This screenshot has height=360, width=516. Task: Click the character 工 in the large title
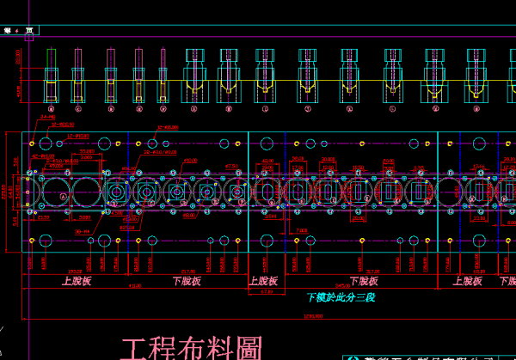[133, 349]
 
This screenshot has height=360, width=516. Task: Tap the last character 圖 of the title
[248, 349]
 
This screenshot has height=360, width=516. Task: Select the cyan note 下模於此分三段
[341, 297]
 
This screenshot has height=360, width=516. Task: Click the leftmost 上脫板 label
[77, 281]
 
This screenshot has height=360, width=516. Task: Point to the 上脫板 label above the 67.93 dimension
[264, 281]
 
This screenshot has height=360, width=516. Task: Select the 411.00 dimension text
[135, 286]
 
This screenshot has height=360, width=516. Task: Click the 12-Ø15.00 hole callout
[80, 136]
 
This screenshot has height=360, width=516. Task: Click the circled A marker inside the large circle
[64, 196]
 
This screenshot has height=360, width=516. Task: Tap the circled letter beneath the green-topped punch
[51, 109]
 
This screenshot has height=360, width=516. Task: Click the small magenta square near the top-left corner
[28, 36]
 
